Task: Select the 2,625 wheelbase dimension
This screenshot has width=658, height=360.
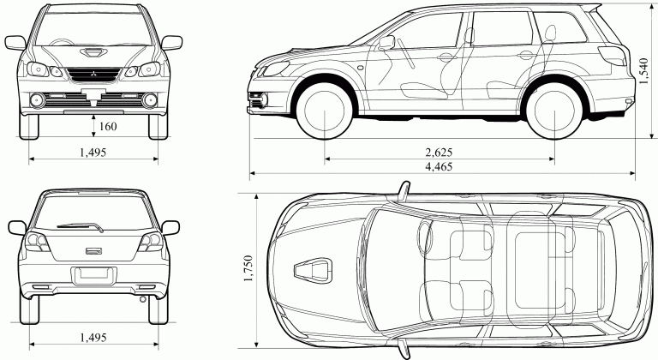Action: click(x=439, y=152)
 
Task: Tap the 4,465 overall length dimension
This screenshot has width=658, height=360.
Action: click(x=439, y=165)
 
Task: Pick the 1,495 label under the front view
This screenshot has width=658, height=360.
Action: click(x=93, y=152)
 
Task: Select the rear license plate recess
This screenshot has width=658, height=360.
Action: click(x=93, y=275)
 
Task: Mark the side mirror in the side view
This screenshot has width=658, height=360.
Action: click(x=386, y=42)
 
